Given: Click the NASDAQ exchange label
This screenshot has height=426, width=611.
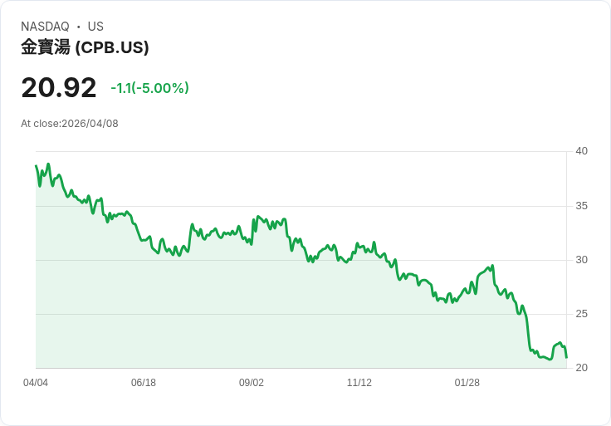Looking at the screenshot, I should [45, 27].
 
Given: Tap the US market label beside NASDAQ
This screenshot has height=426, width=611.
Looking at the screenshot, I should [95, 27].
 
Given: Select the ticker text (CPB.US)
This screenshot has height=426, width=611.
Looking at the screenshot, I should [112, 47].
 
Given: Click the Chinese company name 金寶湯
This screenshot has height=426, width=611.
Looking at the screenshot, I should [46, 47].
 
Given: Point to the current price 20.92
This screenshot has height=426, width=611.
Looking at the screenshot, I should [59, 87].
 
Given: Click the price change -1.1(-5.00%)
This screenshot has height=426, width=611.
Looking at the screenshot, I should [149, 88].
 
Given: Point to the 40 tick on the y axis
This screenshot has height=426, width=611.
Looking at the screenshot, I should [581, 151].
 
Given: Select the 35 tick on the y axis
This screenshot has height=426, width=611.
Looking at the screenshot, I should [581, 206].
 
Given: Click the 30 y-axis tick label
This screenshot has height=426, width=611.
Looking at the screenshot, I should [581, 260].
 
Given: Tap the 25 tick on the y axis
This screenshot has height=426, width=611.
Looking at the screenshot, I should [581, 314].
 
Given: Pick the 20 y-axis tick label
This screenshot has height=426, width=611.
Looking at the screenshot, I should [581, 368].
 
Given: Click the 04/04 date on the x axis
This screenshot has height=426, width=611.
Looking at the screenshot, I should [36, 383].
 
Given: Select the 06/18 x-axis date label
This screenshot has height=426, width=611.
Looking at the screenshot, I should [144, 383].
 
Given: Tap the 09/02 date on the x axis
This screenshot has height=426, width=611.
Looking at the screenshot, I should [252, 383].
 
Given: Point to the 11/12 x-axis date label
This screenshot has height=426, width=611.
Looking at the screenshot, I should [359, 383].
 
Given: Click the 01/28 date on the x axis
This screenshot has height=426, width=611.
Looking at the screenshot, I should [467, 383].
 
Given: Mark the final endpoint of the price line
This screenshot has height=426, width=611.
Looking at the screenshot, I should [566, 358].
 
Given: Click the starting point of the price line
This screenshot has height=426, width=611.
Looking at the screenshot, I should [36, 165].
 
